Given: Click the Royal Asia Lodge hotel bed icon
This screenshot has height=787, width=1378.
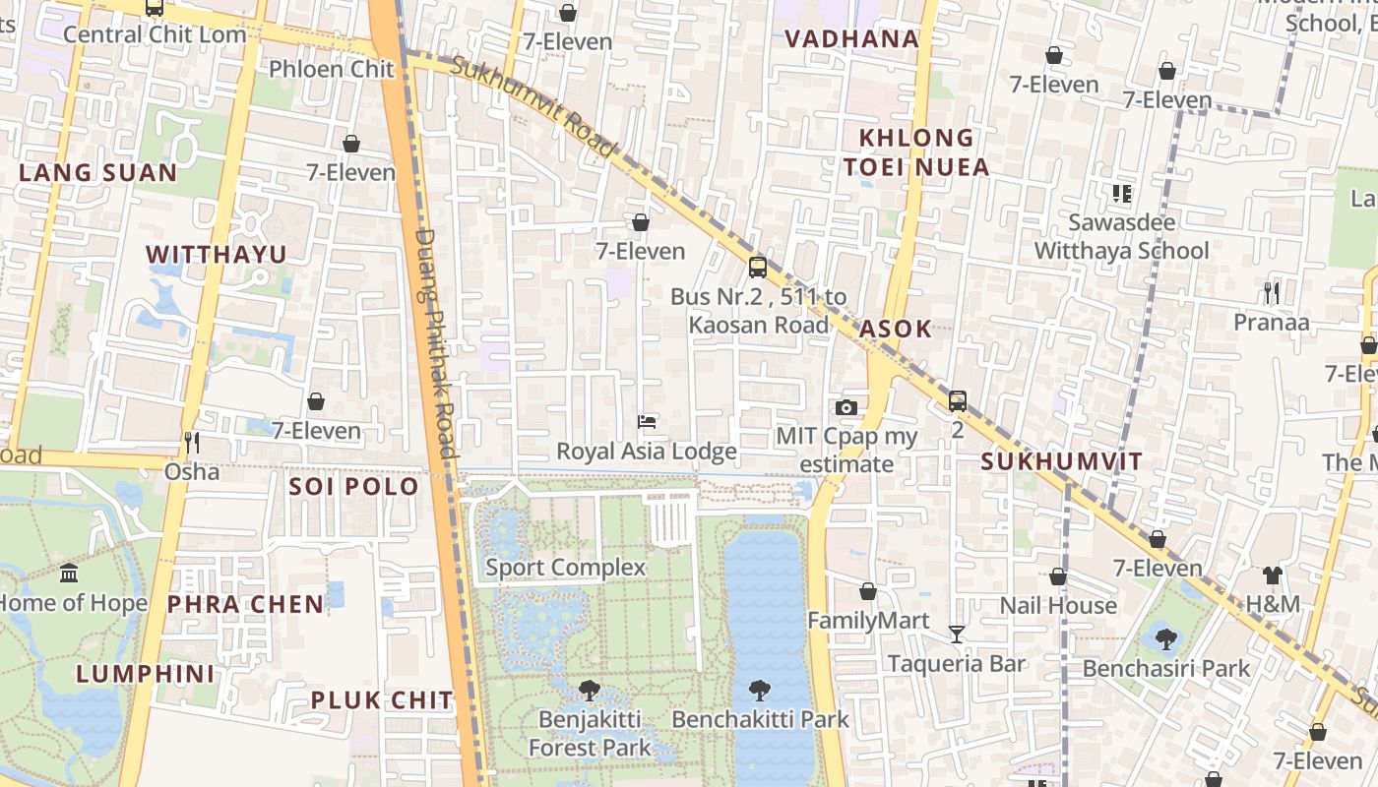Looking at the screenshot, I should point(647,422).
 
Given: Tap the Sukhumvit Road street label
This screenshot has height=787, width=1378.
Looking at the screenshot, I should point(534,105).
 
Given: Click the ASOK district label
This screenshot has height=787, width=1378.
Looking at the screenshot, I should point(895,329).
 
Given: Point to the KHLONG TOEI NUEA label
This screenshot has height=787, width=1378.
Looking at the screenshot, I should point(916,152).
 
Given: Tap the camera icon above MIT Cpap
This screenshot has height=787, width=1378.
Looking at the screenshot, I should point(846,407).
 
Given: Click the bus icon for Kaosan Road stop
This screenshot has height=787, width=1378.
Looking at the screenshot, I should point(757,267).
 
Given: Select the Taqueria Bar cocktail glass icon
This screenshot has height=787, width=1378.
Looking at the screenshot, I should point(956,635).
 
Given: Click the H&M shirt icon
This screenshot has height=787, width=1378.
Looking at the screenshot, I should point(1273,575).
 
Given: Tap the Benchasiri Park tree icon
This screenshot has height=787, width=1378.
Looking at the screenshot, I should point(1165,639).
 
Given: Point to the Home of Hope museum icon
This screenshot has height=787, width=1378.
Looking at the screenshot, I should point(69,573).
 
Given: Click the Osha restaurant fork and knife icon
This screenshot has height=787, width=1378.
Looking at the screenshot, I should point(191,442).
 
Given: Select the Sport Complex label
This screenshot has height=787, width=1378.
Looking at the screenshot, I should point(565,568).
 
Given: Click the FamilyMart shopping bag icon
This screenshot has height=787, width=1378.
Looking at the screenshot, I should point(867,591).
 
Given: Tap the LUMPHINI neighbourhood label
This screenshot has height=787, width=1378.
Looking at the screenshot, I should point(145,674).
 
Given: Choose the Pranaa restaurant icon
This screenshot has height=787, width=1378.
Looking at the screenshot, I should point(1272,292).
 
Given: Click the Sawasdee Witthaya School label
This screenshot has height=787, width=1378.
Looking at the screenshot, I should point(1121,236).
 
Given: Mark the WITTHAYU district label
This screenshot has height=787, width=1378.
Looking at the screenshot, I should point(217,254).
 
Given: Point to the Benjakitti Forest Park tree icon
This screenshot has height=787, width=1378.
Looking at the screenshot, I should point(589,690).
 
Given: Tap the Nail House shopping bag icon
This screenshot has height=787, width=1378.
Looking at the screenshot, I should point(1058,576).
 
